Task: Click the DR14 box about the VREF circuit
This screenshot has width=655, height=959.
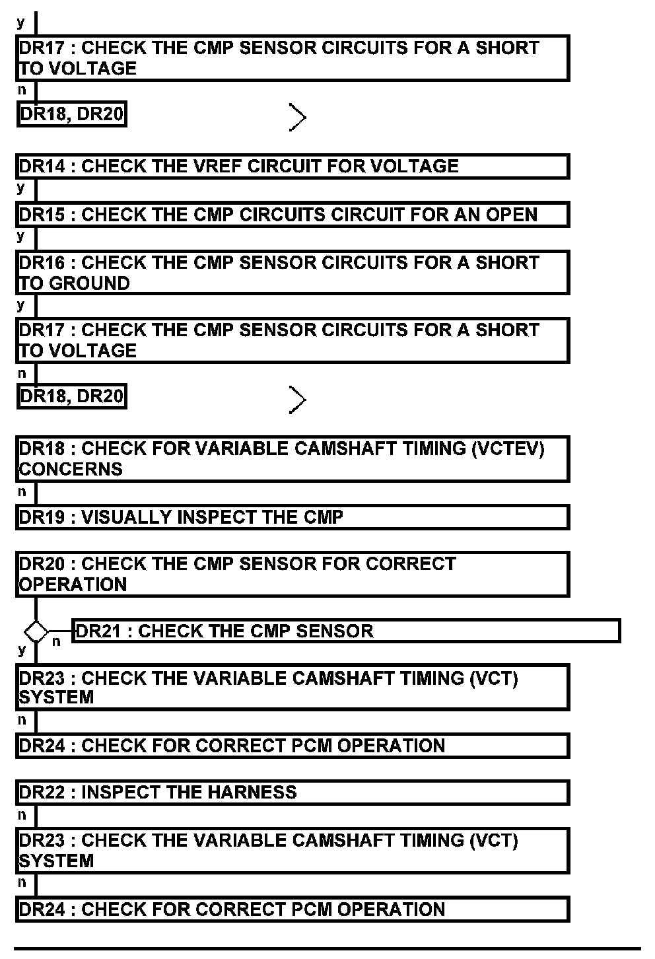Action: point(292,166)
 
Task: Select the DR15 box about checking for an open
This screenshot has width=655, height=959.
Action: point(292,215)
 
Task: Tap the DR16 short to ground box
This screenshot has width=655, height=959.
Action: point(292,272)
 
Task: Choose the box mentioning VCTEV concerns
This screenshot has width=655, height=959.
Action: point(292,458)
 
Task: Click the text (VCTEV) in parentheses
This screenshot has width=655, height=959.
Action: point(508,449)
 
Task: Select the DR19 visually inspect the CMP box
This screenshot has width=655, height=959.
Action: point(292,517)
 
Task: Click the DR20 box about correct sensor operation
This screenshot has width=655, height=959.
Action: point(292,574)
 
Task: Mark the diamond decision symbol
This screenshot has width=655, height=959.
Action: point(36,631)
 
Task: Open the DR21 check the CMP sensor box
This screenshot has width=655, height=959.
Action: point(346,631)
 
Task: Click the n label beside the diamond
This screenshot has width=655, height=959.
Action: point(56,641)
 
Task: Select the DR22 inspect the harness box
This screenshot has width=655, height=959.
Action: point(292,793)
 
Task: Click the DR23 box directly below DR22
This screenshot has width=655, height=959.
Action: point(292,851)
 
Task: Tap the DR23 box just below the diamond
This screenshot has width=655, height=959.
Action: point(292,688)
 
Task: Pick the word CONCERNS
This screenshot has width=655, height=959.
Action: point(71,470)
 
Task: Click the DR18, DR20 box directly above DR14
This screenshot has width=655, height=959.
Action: point(71,115)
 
